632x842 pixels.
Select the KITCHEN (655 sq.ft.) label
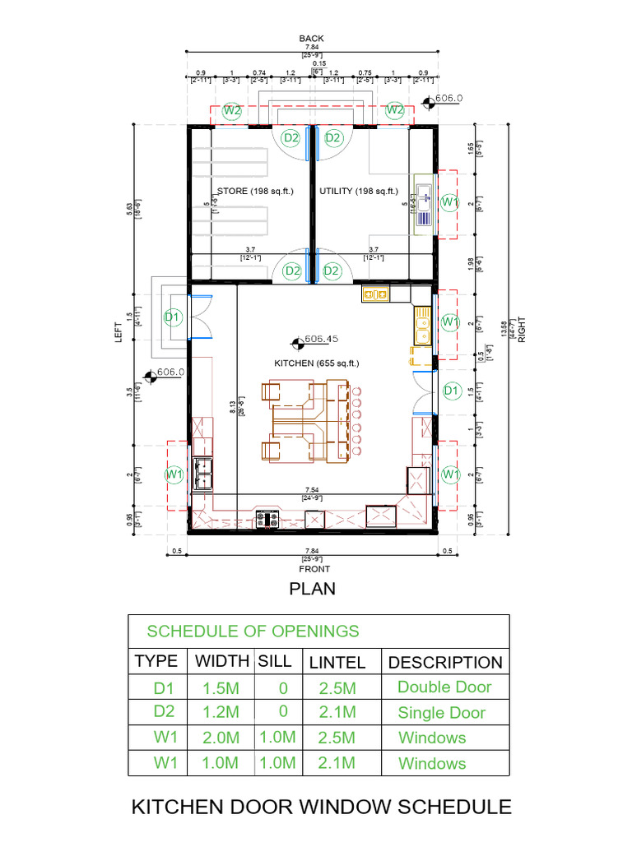coord(316,363)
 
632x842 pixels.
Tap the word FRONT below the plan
coord(315,569)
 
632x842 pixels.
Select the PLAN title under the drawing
coord(312,589)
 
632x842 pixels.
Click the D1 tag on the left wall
coord(172,317)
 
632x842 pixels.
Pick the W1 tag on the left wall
coord(174,474)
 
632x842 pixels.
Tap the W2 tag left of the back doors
coord(232,109)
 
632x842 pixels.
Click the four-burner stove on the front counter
coord(267,518)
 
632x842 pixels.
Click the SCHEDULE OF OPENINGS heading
coord(253,631)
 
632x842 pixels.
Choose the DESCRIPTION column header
coord(444,662)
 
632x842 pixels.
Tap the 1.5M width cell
coord(221,687)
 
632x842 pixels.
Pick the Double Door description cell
coord(444,687)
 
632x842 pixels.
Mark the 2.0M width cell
coord(221,738)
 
